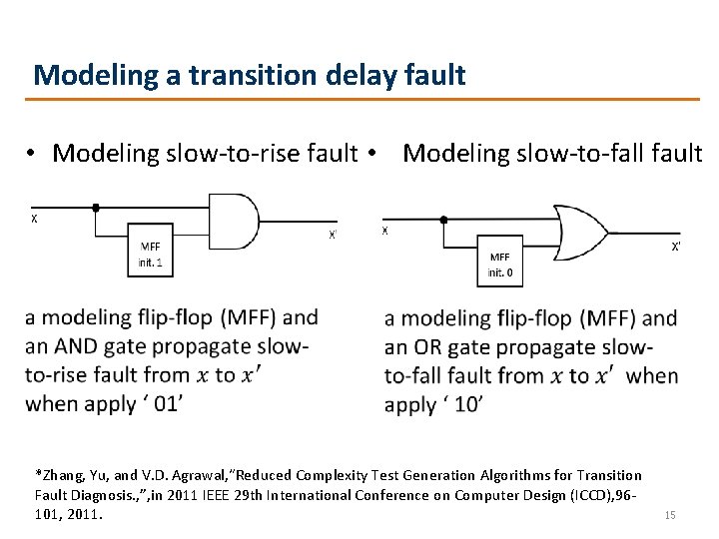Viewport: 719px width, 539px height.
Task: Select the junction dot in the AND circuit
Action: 95,208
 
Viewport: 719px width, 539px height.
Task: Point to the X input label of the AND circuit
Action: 35,220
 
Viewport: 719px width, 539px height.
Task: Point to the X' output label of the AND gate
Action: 333,236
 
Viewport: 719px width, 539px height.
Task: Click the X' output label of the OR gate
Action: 676,246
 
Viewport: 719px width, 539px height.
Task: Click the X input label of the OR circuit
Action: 385,231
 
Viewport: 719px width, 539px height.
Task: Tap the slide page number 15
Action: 669,515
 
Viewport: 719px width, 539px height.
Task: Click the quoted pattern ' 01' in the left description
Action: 164,403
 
